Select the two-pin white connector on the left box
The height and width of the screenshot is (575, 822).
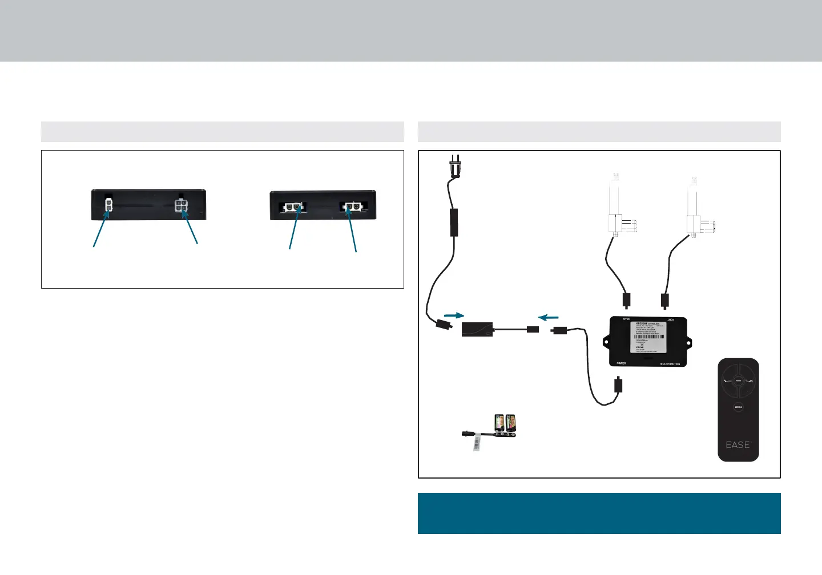click(x=108, y=205)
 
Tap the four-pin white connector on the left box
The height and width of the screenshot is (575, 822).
click(x=182, y=205)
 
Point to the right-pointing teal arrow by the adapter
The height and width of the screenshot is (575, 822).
click(x=454, y=315)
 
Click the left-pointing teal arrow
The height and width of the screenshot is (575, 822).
click(x=549, y=317)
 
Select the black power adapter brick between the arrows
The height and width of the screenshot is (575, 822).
click(x=477, y=329)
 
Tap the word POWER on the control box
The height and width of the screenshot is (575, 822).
click(x=621, y=363)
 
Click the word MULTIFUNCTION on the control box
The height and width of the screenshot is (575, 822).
click(x=670, y=364)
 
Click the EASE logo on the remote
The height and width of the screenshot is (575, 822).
click(x=738, y=444)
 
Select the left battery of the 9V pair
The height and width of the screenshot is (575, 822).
click(x=499, y=422)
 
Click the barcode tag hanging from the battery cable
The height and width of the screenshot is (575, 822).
click(x=476, y=444)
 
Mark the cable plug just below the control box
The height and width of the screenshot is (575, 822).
click(x=618, y=385)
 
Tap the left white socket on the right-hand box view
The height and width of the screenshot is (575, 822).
click(x=292, y=207)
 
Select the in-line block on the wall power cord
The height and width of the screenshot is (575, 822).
click(x=454, y=222)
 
